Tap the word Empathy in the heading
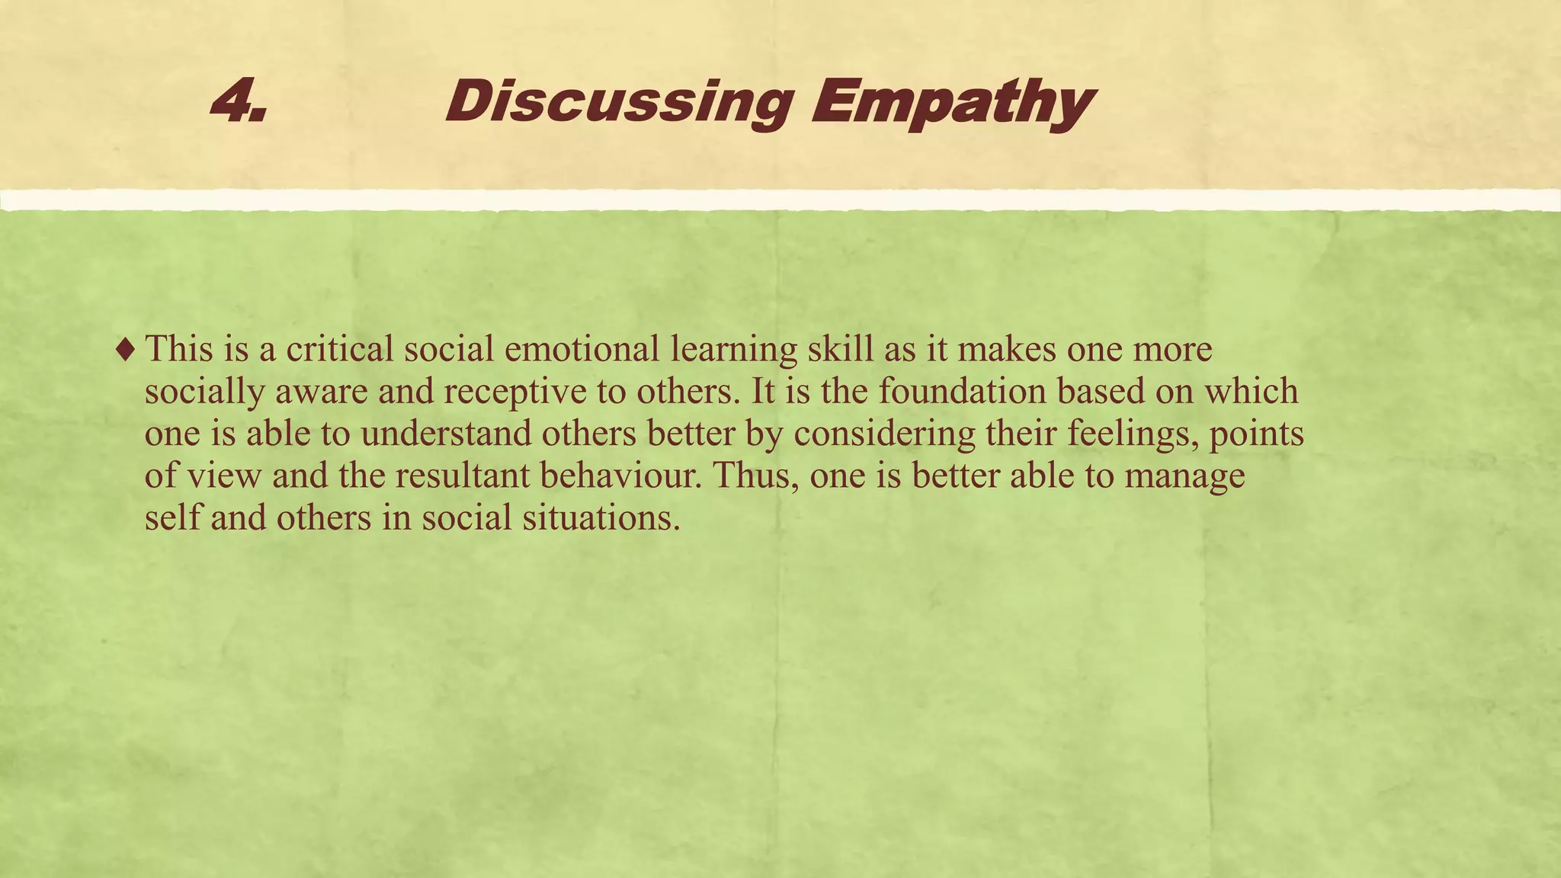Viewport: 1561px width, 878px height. pyautogui.click(x=951, y=104)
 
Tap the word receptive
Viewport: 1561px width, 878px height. pyautogui.click(x=515, y=393)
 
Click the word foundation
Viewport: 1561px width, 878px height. pyautogui.click(x=962, y=391)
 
